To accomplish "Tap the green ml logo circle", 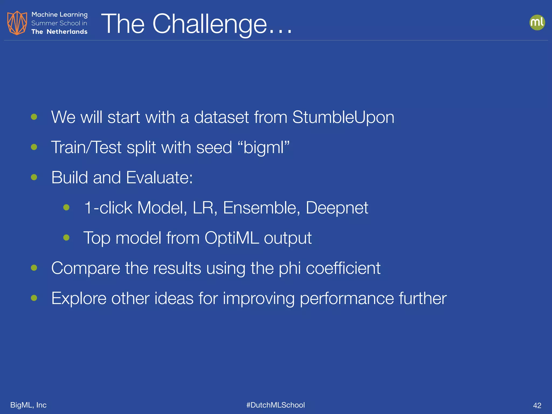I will click(x=537, y=22).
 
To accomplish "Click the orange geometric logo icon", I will click(x=17, y=23).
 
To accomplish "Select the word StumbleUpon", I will click(x=343, y=117).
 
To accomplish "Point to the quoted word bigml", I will click(x=264, y=148).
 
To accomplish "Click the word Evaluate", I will click(x=159, y=178).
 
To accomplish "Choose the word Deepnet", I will click(x=337, y=208).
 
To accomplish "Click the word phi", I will click(x=290, y=269).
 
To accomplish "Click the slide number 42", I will click(x=537, y=405).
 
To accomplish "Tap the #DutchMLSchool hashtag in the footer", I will click(x=275, y=405).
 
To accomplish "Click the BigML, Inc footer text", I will click(x=28, y=405).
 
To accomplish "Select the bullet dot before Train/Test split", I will click(x=34, y=147).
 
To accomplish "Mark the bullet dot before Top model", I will click(x=66, y=237).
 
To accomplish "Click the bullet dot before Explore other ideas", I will click(x=34, y=298).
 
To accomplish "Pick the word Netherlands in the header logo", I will click(x=67, y=32).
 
